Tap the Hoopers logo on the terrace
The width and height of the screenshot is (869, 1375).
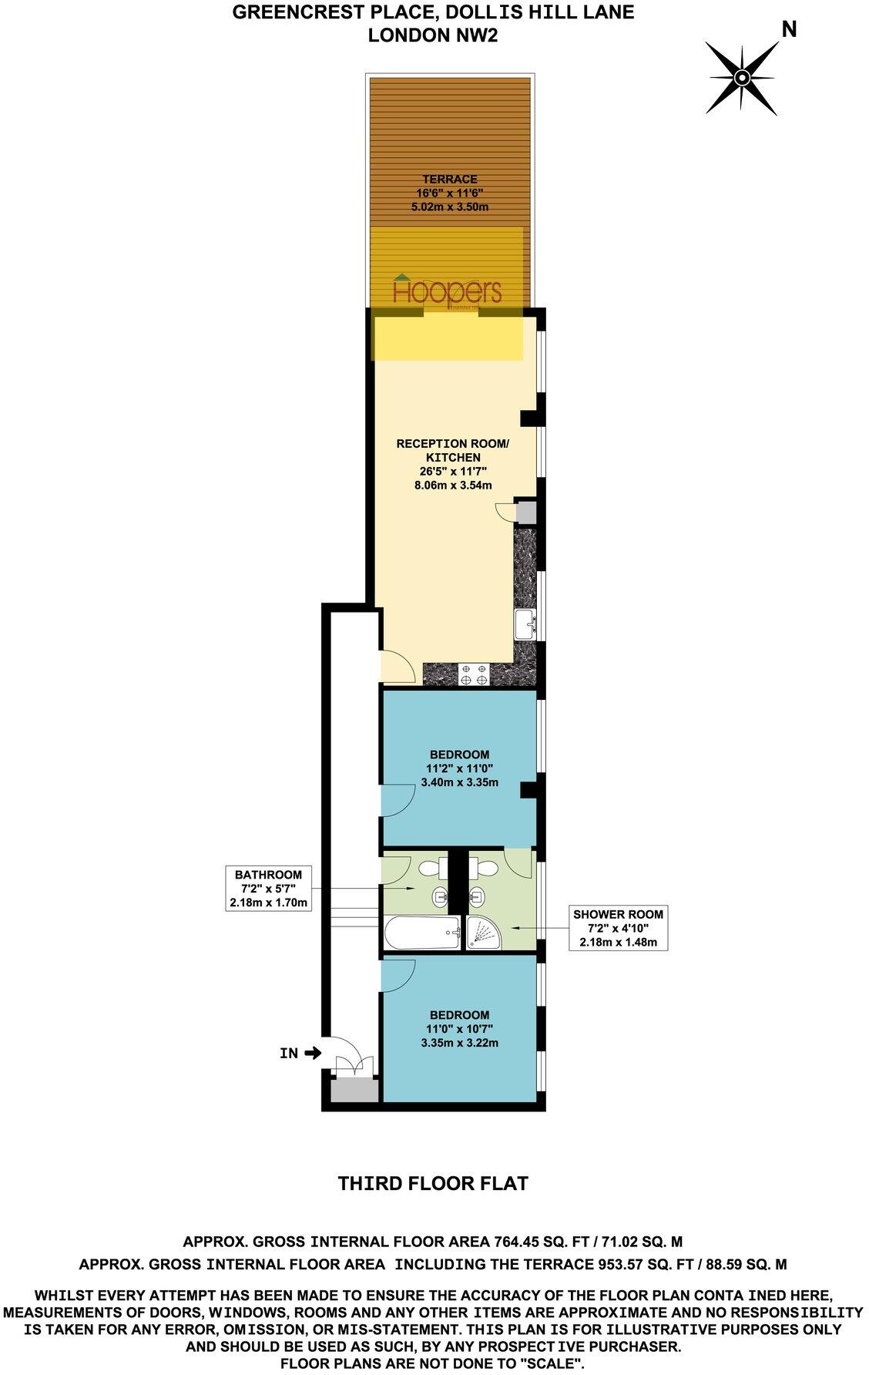(x=447, y=291)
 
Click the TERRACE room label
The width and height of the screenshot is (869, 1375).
(x=450, y=180)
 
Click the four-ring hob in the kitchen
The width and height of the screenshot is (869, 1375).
(x=472, y=674)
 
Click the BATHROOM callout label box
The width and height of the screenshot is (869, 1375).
(x=267, y=889)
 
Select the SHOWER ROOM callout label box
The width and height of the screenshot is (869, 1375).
(x=618, y=928)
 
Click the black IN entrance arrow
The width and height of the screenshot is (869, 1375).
(x=314, y=1053)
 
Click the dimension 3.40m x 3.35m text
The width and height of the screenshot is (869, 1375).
(x=459, y=782)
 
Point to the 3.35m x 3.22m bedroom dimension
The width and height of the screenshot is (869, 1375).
(x=459, y=1043)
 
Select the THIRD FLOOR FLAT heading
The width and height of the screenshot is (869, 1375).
(x=434, y=1183)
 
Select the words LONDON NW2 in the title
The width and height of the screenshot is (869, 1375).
(x=434, y=35)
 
